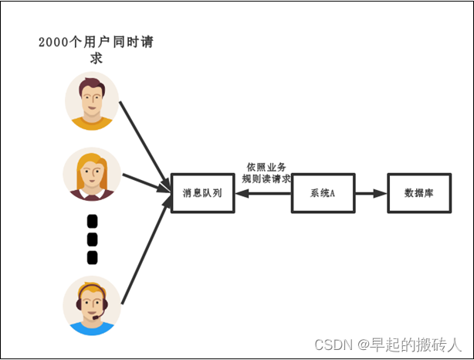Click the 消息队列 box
202,193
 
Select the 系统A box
322,193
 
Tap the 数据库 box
418,193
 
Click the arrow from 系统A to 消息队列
263,193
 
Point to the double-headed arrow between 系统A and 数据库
370,193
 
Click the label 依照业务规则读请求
266,172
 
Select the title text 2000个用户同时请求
96,49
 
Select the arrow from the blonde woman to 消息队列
145,182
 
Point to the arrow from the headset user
146,252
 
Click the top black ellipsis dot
93,220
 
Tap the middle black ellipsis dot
93,239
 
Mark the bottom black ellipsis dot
93,256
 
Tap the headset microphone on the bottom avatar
94,317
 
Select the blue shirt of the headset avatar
92,328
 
